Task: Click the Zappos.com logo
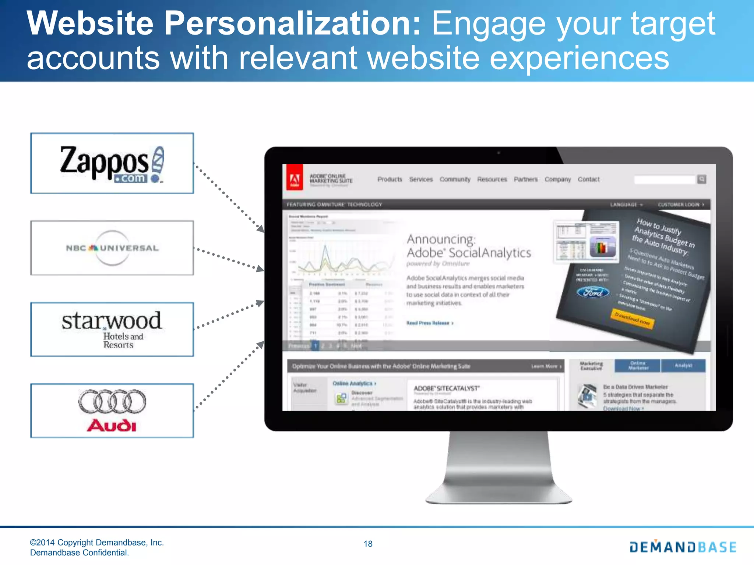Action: coord(112,164)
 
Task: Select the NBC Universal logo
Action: coord(112,248)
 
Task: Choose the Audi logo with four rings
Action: coord(112,410)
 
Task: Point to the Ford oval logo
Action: coord(593,292)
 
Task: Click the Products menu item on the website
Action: coord(390,180)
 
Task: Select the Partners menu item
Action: coord(526,180)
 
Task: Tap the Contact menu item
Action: coord(588,180)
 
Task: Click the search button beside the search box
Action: coord(702,180)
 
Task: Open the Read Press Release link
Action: coord(429,323)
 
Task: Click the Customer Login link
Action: coord(681,205)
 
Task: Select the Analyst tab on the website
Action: coord(683,366)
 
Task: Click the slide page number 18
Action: coord(368,544)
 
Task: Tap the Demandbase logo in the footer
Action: coord(683,547)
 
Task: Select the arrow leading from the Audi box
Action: coord(229,375)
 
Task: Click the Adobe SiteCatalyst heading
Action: coord(447,388)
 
